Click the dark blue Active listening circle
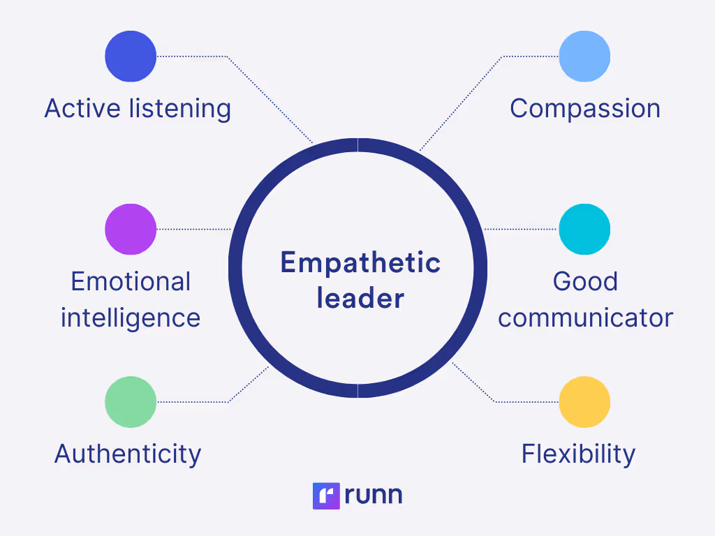[131, 56]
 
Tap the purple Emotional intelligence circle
[131, 229]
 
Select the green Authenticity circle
[131, 402]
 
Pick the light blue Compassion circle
[584, 56]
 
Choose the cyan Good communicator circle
[584, 229]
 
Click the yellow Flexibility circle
[584, 402]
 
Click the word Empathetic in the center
[360, 263]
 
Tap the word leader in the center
[360, 299]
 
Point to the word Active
[83, 109]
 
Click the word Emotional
[131, 281]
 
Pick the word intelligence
[131, 318]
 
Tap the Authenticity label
[128, 454]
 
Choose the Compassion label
[585, 109]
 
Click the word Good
[585, 281]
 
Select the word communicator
[585, 318]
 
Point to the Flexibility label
[578, 454]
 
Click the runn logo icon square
[326, 496]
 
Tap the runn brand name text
[374, 496]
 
